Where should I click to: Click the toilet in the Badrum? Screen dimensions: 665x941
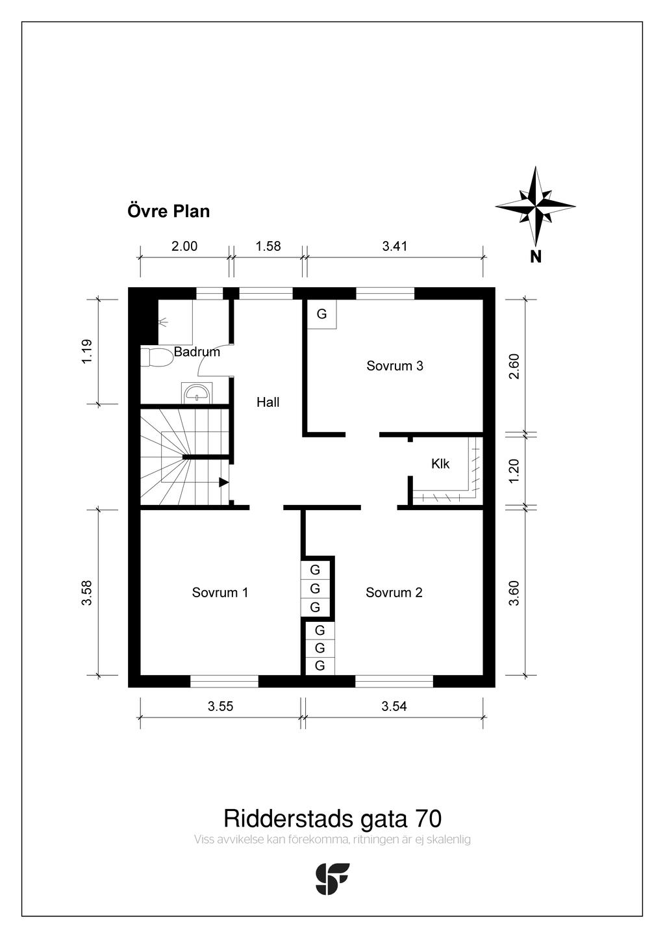pyautogui.click(x=156, y=357)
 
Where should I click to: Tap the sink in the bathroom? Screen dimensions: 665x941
pyautogui.click(x=197, y=393)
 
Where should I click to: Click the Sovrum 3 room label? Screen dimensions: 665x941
pyautogui.click(x=395, y=366)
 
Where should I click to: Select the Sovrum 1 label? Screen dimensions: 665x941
pyautogui.click(x=220, y=592)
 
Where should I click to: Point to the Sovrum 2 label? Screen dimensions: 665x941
pyautogui.click(x=394, y=592)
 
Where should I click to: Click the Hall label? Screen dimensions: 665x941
pyautogui.click(x=268, y=402)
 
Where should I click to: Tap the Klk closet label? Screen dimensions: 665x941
pyautogui.click(x=440, y=464)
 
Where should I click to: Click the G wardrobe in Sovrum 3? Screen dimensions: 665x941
pyautogui.click(x=322, y=315)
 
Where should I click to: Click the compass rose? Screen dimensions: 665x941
pyautogui.click(x=535, y=206)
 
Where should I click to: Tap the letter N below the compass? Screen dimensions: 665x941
pyautogui.click(x=536, y=256)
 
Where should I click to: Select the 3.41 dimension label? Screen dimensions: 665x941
pyautogui.click(x=395, y=246)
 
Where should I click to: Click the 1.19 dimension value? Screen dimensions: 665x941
pyautogui.click(x=87, y=352)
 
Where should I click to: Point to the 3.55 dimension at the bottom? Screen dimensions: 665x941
pyautogui.click(x=220, y=706)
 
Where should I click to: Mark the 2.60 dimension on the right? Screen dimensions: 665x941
pyautogui.click(x=514, y=367)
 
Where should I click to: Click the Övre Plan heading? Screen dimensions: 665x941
pyautogui.click(x=169, y=211)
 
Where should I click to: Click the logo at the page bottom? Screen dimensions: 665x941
pyautogui.click(x=332, y=879)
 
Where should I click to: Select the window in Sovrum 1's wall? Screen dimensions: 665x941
pyautogui.click(x=224, y=681)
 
